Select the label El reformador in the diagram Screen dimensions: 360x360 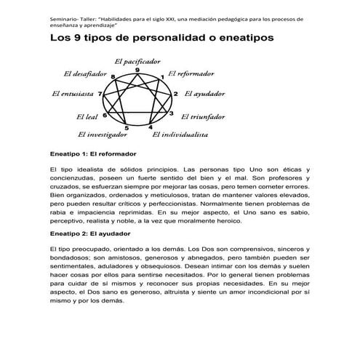point(191,73)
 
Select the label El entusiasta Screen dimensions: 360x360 point(73,94)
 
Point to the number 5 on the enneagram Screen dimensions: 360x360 point(127,129)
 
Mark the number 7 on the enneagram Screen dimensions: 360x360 point(100,94)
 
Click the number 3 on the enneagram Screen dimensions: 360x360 point(171,113)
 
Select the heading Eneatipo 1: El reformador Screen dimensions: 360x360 point(94,153)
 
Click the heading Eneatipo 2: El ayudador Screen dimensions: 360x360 point(89,233)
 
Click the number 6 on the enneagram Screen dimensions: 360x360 point(105,115)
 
